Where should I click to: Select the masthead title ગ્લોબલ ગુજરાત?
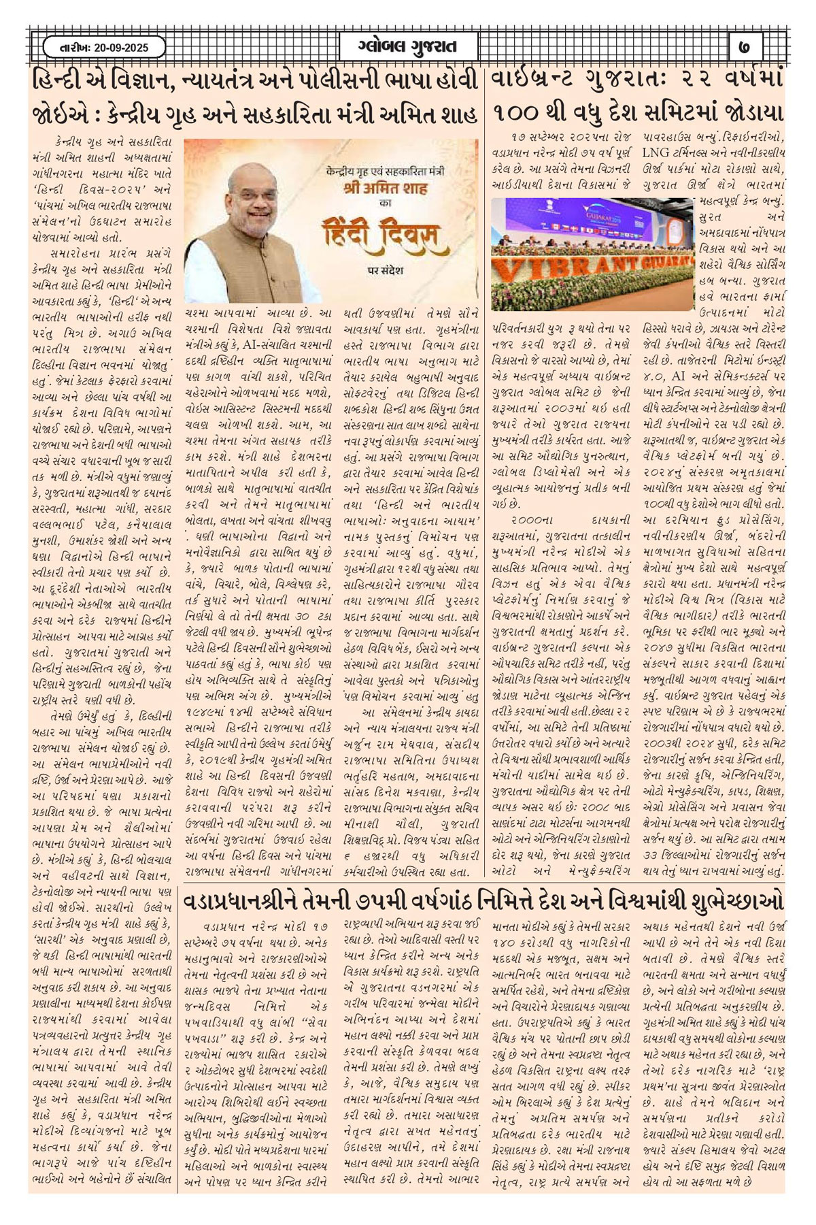click(407, 48)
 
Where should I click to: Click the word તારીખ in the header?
click(69, 48)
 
